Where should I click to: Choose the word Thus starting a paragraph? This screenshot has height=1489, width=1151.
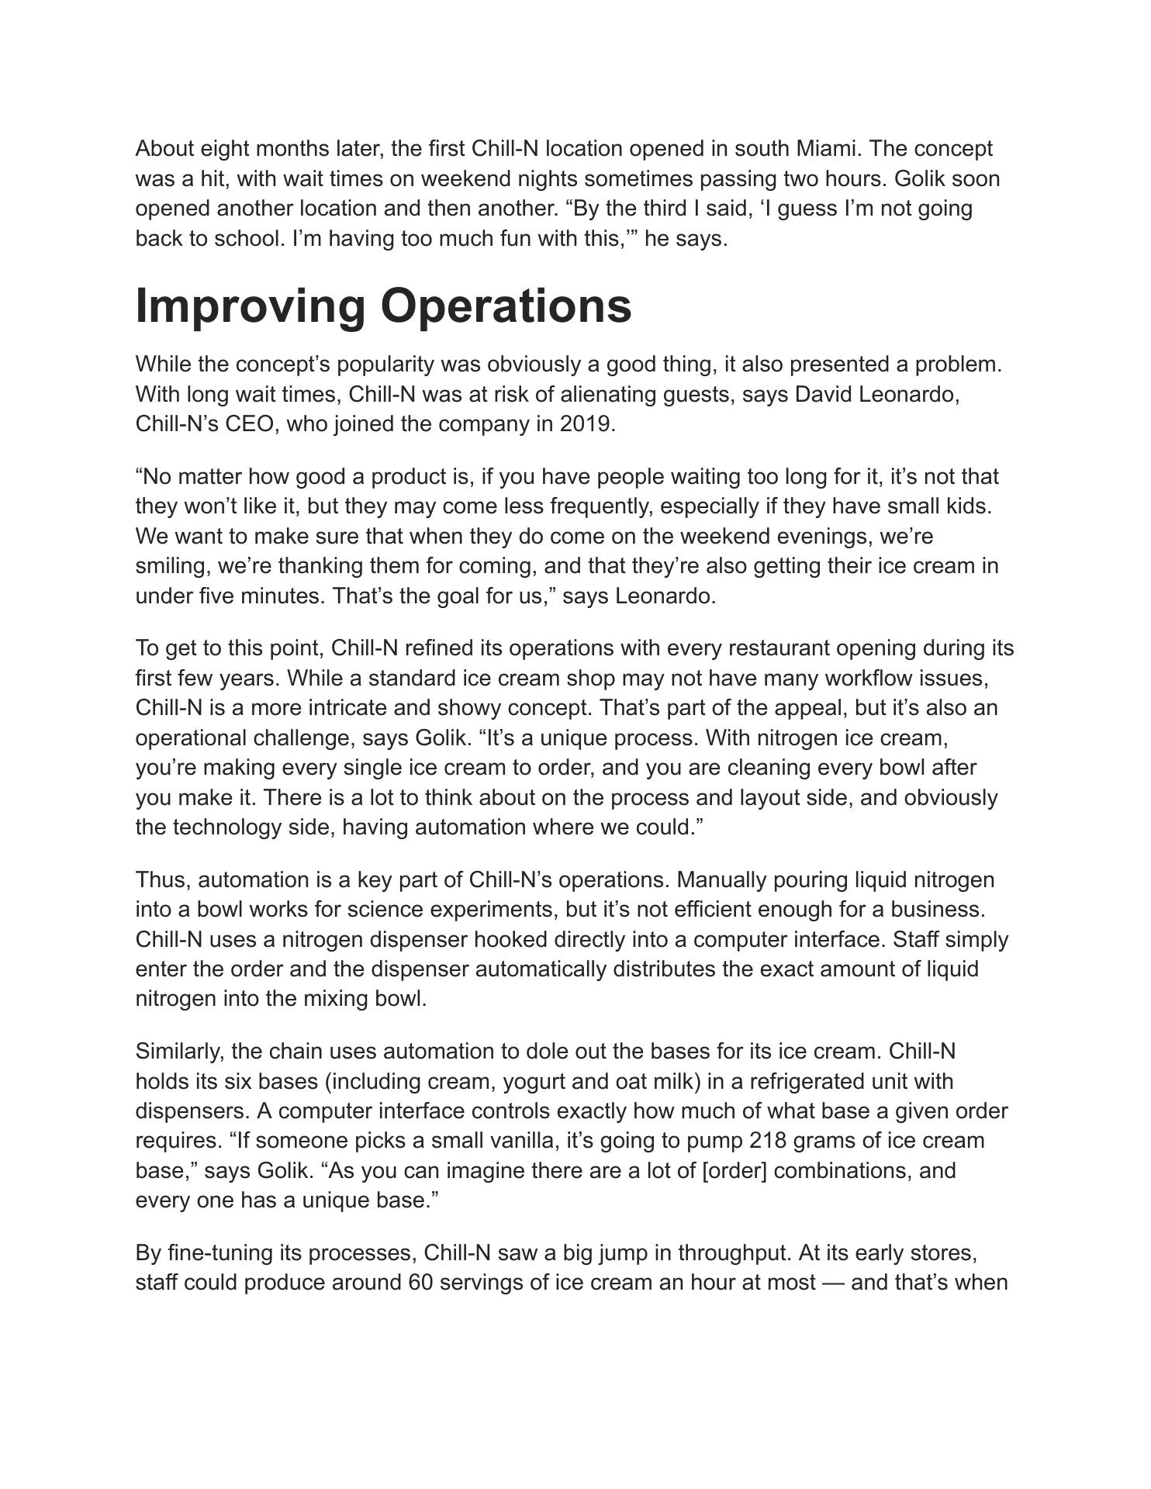pyautogui.click(x=163, y=880)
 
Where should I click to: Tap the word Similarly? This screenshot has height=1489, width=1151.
pyautogui.click(x=180, y=1052)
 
